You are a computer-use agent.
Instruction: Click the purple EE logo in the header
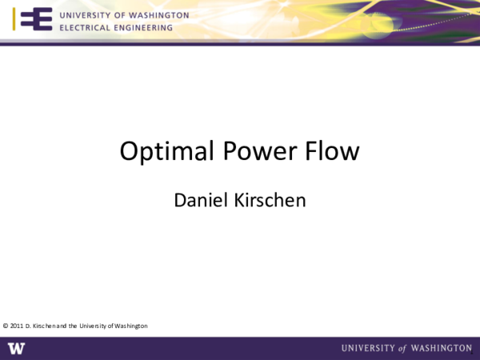[35, 20]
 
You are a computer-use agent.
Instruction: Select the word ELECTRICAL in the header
[84, 27]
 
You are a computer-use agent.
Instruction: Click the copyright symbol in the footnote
[6, 326]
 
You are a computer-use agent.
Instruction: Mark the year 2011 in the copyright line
[16, 326]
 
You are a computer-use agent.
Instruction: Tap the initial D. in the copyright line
[28, 326]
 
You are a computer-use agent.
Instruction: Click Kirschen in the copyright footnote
[44, 326]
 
